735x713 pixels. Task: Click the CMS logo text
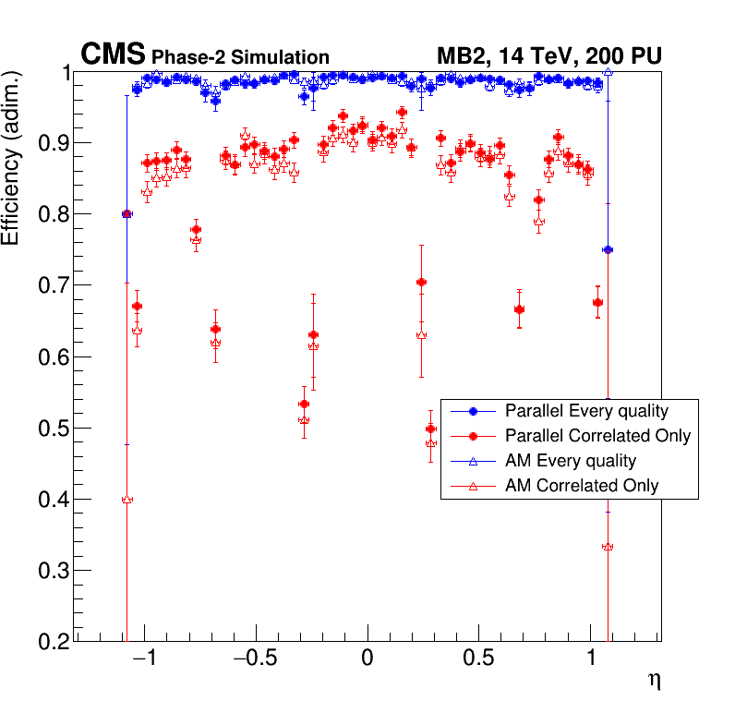pyautogui.click(x=114, y=54)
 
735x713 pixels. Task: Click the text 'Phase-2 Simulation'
pyautogui.click(x=240, y=57)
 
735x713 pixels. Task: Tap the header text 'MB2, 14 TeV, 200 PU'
pyautogui.click(x=548, y=55)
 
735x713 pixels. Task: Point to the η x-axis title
pyautogui.click(x=654, y=681)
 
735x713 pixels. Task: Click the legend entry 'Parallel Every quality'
pyautogui.click(x=586, y=411)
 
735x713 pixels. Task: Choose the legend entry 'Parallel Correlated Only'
pyautogui.click(x=597, y=435)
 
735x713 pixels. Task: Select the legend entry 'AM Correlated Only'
pyautogui.click(x=582, y=485)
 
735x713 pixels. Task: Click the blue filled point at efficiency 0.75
pyautogui.click(x=607, y=250)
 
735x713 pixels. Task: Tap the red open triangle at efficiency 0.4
pyautogui.click(x=127, y=499)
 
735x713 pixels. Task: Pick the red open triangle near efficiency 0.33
pyautogui.click(x=607, y=547)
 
